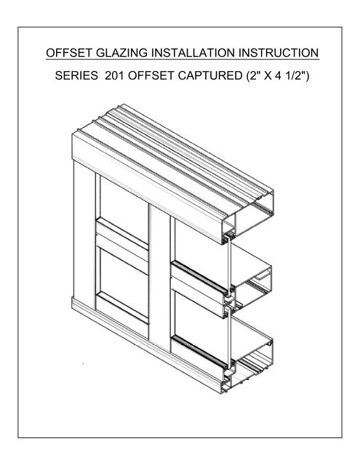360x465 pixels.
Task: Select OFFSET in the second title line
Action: (x=157, y=78)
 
